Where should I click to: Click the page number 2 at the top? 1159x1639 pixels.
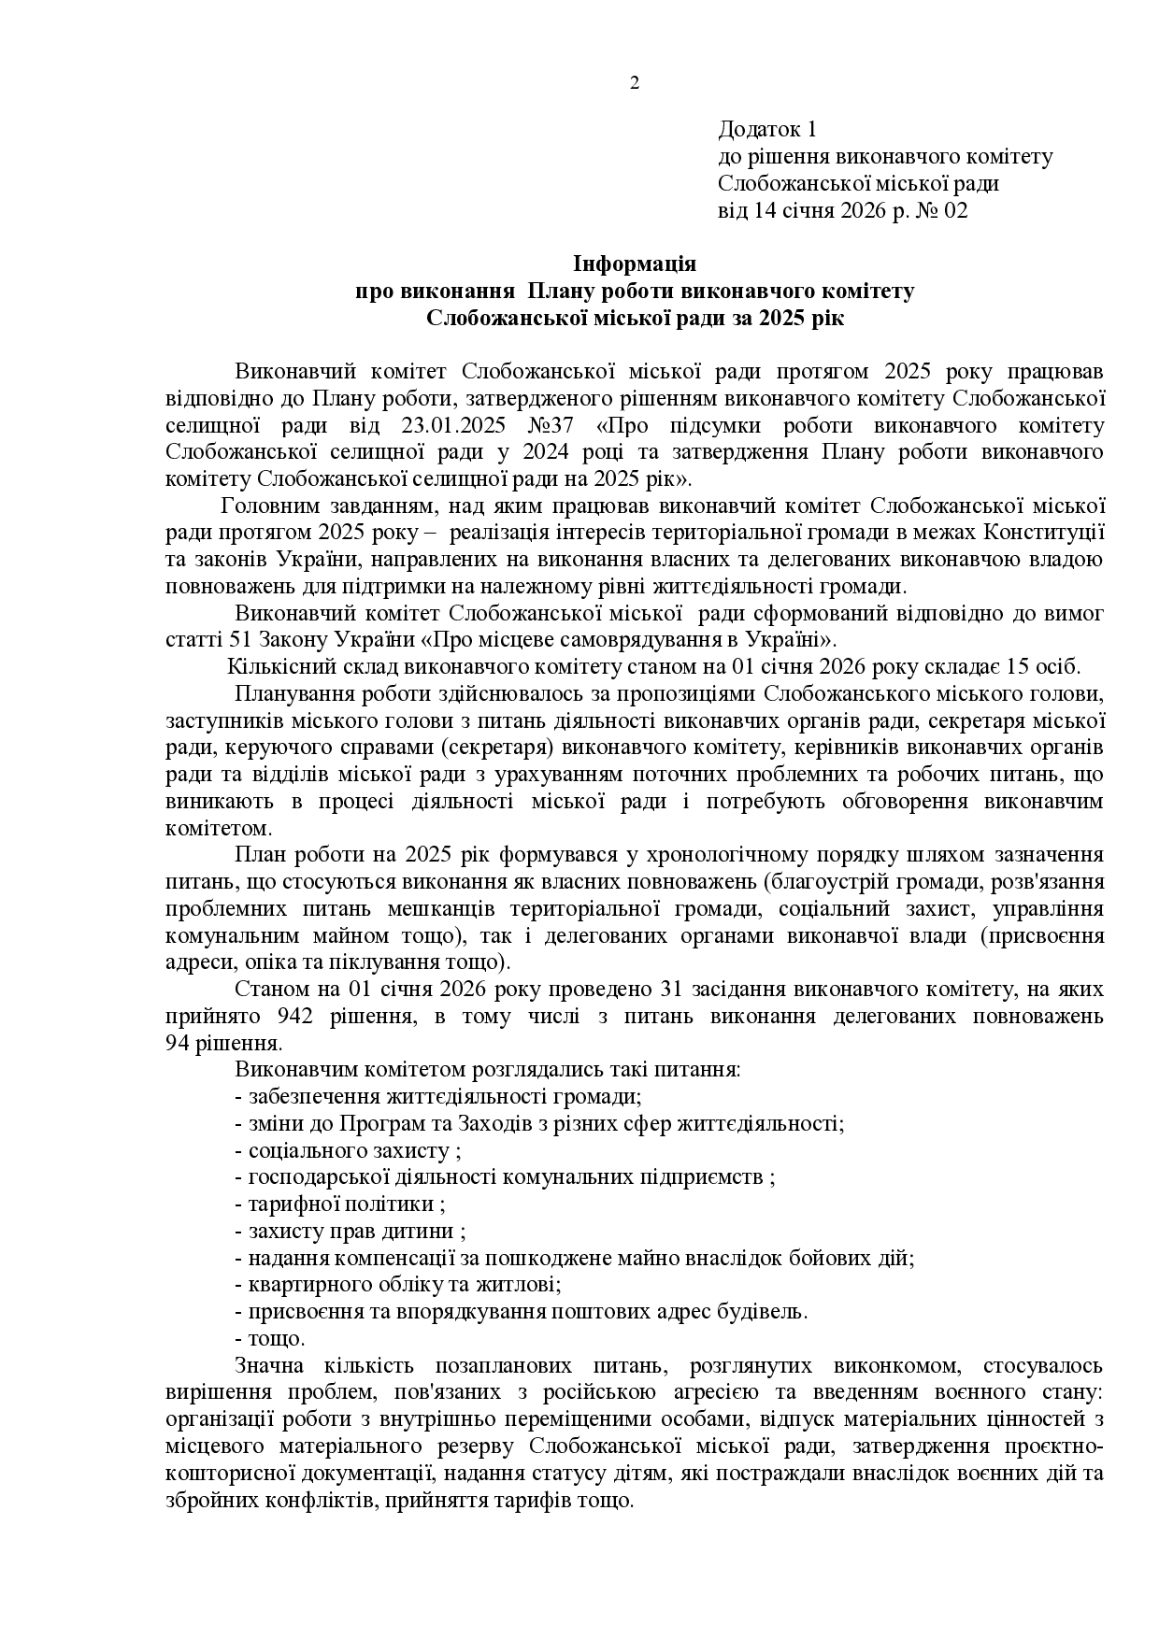(635, 84)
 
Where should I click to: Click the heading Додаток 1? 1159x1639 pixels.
(767, 129)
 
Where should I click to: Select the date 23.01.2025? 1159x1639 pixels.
(453, 426)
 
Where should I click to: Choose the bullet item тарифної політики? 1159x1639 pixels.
(340, 1204)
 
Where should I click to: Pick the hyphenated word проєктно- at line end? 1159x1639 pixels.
(1055, 1447)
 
